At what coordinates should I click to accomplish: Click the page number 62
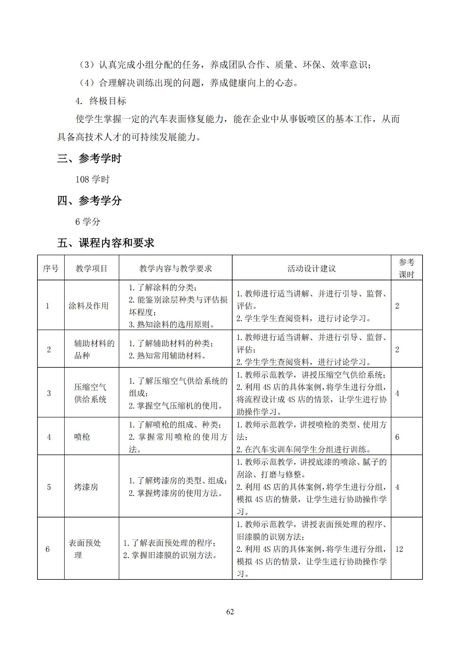(230, 612)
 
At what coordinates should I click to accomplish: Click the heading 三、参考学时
(89, 158)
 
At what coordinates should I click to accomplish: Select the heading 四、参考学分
(89, 201)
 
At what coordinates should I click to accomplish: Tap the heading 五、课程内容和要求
(106, 243)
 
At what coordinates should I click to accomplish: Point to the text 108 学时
(93, 179)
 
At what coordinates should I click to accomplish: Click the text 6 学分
(88, 222)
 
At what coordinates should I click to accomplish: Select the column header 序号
(51, 269)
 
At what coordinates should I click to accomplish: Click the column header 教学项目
(92, 269)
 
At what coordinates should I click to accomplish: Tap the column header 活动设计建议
(312, 269)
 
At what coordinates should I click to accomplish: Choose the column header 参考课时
(406, 268)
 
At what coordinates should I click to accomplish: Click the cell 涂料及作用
(89, 306)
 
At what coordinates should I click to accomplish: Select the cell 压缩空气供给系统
(90, 393)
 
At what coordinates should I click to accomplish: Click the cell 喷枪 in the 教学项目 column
(82, 437)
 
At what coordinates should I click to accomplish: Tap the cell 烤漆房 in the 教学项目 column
(86, 487)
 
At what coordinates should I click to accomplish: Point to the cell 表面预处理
(85, 549)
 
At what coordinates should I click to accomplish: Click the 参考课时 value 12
(399, 549)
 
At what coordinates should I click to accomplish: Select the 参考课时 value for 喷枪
(397, 437)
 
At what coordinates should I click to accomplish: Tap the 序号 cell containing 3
(49, 393)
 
